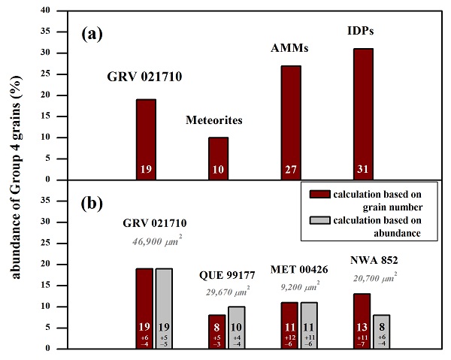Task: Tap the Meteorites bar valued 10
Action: (218, 158)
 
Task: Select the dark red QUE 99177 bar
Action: (217, 331)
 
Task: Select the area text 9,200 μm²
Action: (301, 265)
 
